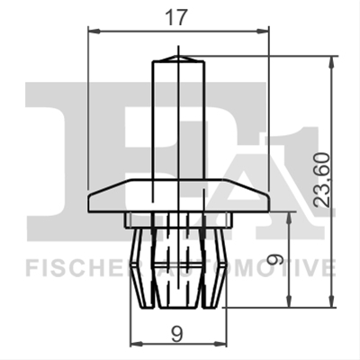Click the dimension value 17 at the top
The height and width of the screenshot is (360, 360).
point(176,17)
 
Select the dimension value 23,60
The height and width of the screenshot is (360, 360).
point(321,180)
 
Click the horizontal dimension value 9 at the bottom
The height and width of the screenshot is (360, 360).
point(177,334)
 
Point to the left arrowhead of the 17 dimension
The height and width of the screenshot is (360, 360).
point(94,31)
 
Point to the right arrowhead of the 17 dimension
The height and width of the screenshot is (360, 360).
point(262,31)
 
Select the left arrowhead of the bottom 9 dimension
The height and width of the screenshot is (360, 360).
point(137,343)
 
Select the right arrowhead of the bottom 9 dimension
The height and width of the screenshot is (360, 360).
point(221,343)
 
